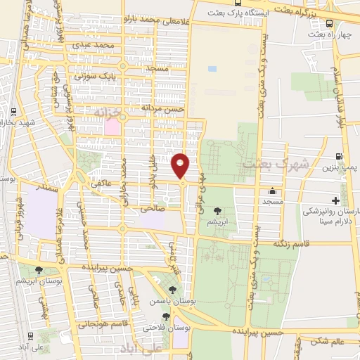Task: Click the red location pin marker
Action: coord(181,166)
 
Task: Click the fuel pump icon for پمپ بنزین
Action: coord(340,157)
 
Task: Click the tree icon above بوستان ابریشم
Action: coord(39,269)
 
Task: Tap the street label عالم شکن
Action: coord(324,342)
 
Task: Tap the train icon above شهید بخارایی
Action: coord(13,112)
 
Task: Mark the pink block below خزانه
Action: coord(112,127)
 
